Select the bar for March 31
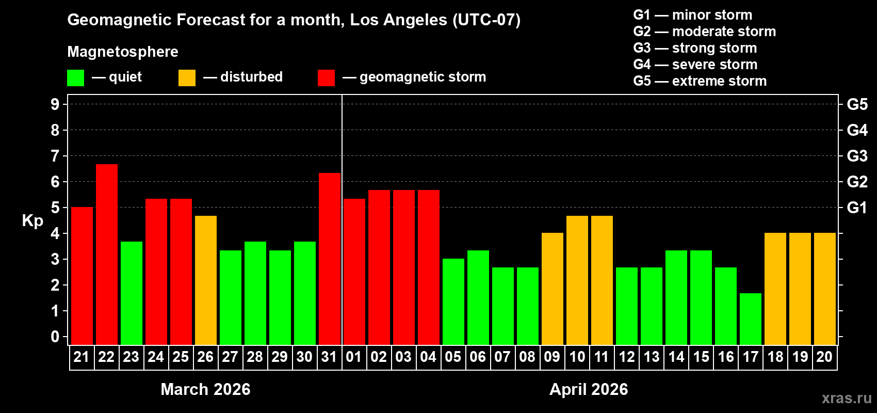click(x=330, y=258)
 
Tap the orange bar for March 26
click(x=206, y=280)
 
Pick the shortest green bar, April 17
click(x=751, y=319)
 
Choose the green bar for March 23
click(x=132, y=293)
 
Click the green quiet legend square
click(x=76, y=78)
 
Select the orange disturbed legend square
click(x=187, y=78)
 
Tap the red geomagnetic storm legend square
click(x=326, y=78)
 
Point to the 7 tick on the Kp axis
click(x=55, y=156)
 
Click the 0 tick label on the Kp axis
click(x=55, y=337)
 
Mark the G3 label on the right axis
click(x=857, y=156)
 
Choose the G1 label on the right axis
click(x=857, y=208)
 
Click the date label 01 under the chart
click(x=354, y=357)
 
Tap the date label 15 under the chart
click(x=701, y=357)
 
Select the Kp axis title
click(x=33, y=220)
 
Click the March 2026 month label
click(x=205, y=389)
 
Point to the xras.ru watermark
click(x=847, y=398)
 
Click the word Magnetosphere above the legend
click(x=123, y=52)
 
